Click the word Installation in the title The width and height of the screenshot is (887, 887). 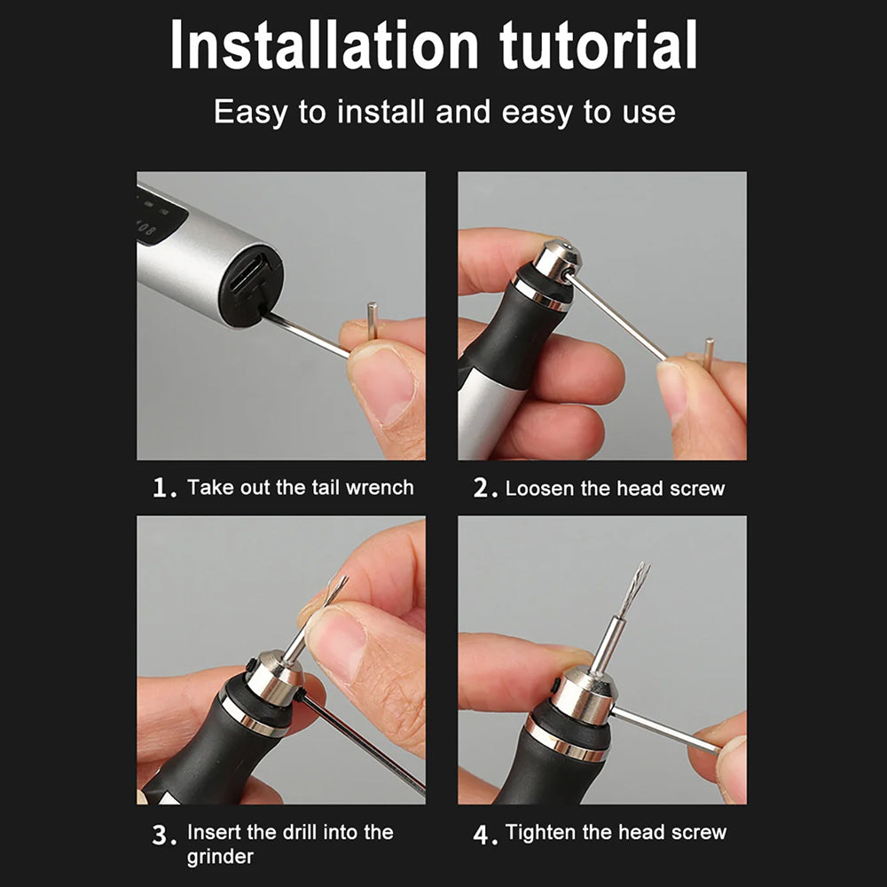click(x=325, y=45)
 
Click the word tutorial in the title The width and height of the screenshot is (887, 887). click(x=599, y=45)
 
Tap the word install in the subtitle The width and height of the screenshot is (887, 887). click(x=381, y=112)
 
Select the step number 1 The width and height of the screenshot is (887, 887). click(x=161, y=488)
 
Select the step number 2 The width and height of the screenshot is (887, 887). click(x=482, y=488)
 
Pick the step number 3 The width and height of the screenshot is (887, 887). click(x=160, y=835)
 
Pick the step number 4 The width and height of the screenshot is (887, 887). click(x=482, y=835)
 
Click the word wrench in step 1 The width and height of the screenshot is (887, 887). click(x=380, y=488)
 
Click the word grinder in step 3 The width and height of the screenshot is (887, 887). click(x=220, y=858)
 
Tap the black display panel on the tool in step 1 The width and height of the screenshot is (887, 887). click(x=161, y=215)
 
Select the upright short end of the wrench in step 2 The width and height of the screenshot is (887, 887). click(x=708, y=354)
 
